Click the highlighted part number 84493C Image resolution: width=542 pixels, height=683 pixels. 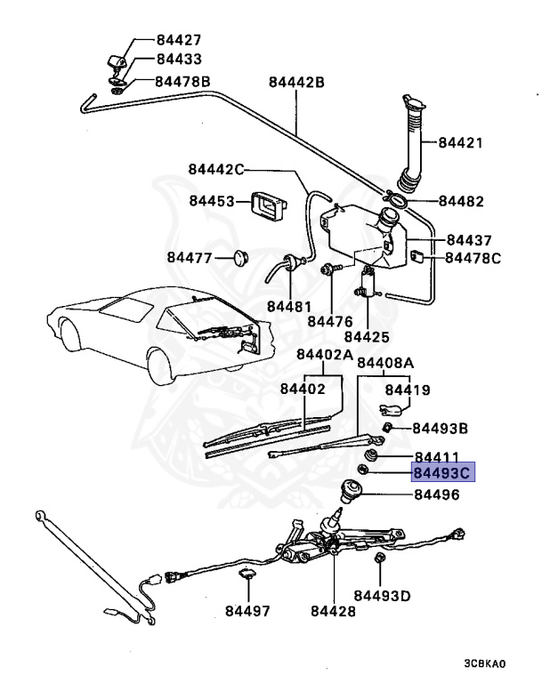(443, 471)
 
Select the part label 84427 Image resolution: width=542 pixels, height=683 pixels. (178, 40)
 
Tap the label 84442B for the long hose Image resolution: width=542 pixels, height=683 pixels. (296, 84)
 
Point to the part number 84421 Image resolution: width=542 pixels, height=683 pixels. (462, 142)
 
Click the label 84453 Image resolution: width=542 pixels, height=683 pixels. (211, 201)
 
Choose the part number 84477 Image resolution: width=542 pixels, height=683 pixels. (190, 258)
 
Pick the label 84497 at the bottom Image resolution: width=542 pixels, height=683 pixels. (247, 612)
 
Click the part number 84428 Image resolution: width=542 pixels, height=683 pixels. (333, 612)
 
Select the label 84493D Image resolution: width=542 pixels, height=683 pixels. (382, 595)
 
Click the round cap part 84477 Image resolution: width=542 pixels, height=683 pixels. (239, 258)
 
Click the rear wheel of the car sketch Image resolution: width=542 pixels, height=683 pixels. (163, 363)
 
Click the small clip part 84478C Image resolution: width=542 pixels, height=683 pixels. (418, 257)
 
